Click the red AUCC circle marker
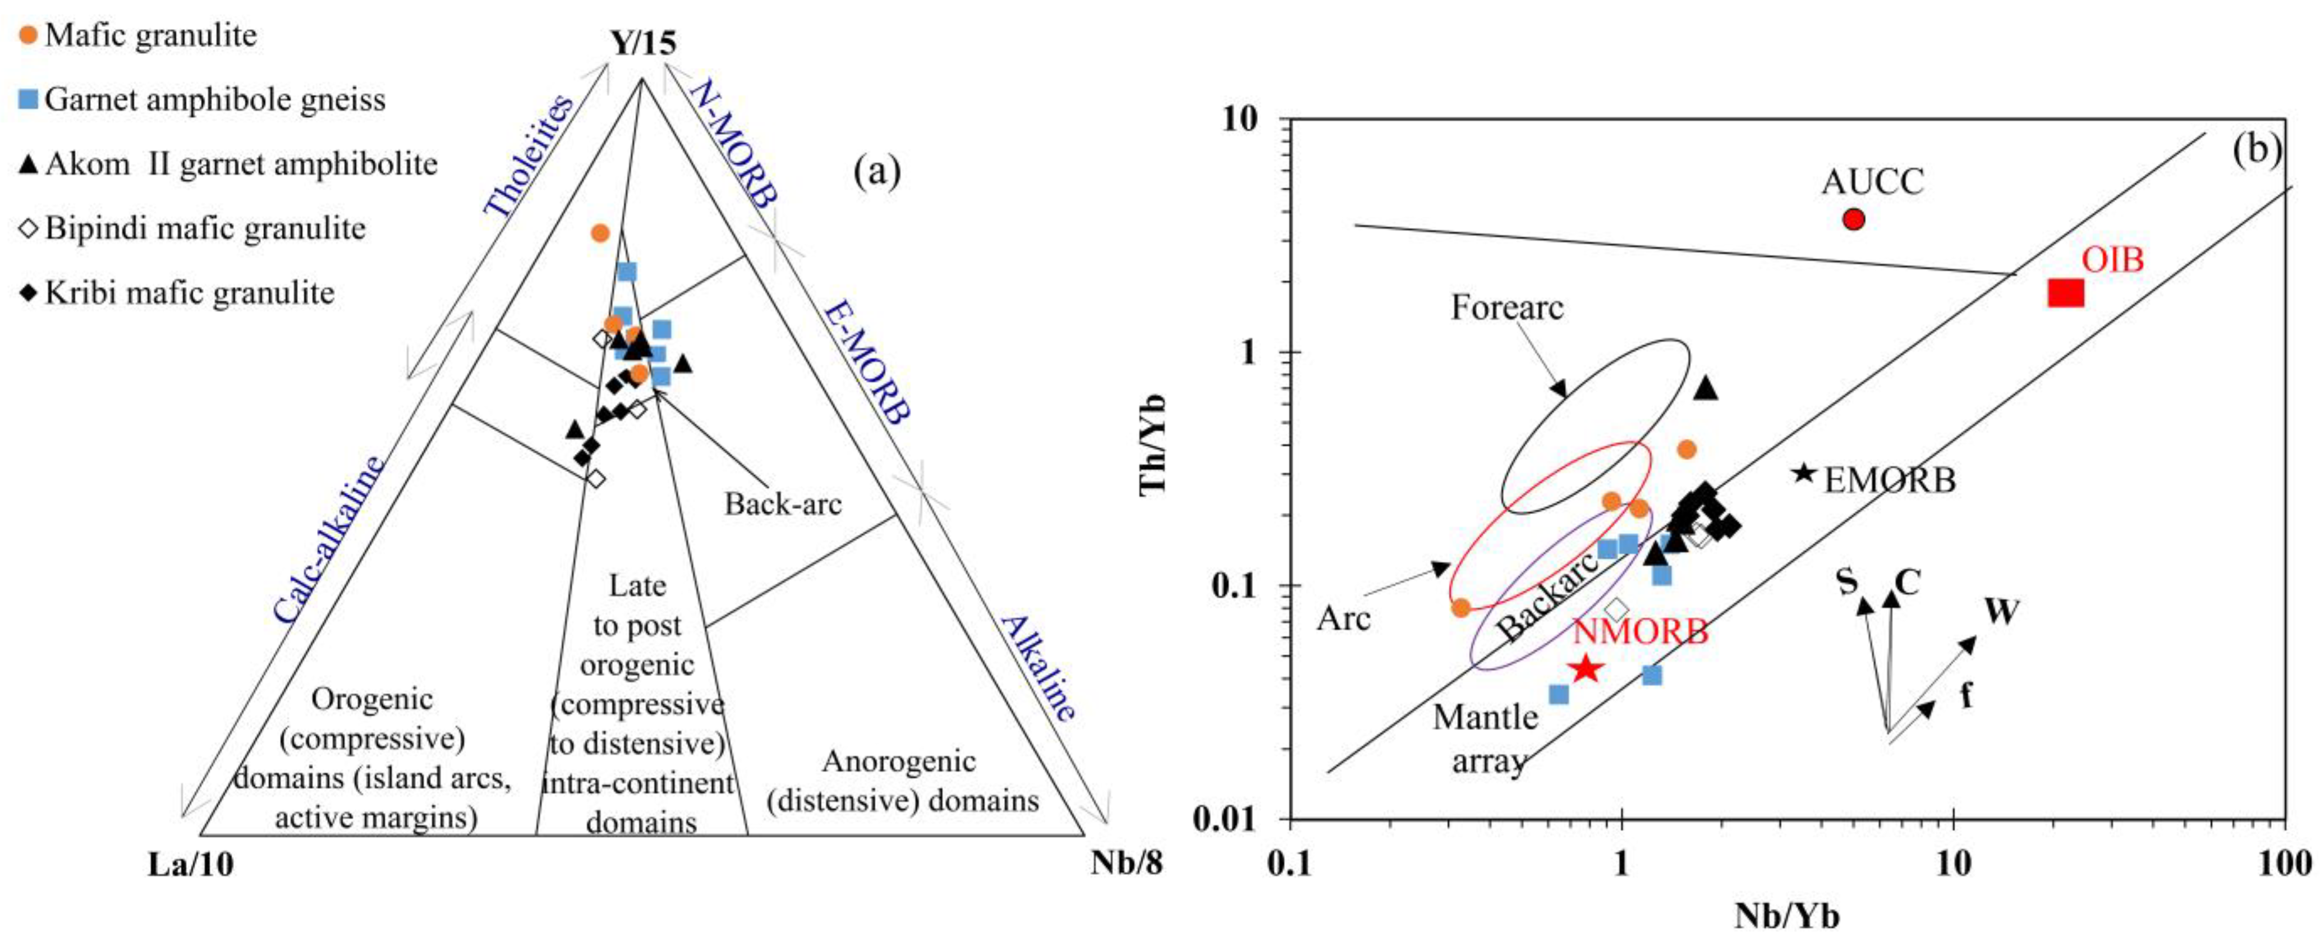pos(1853,219)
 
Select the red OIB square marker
pos(2066,293)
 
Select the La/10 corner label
pos(191,865)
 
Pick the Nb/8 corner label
pos(1127,864)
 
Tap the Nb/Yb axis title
pos(1787,916)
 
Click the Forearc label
pos(1507,308)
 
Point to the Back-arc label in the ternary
pos(783,503)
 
